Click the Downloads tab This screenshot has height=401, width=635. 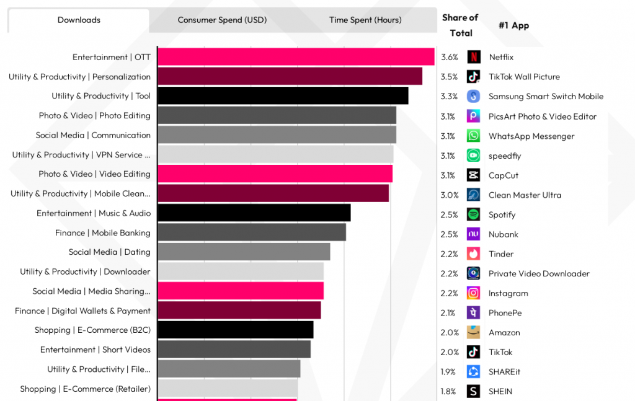79,20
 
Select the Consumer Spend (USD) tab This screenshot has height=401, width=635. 222,20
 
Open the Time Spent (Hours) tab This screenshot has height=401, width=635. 365,20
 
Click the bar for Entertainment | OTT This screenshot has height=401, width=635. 296,57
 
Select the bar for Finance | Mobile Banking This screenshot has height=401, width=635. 252,232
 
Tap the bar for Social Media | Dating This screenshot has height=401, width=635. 244,252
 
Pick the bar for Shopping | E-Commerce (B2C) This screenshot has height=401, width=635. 236,330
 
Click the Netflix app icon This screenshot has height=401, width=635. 474,57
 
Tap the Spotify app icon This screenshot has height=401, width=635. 474,214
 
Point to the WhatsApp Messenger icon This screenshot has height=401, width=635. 474,136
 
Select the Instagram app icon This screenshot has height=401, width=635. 474,293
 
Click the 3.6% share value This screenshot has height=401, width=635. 450,57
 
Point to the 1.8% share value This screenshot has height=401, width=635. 448,391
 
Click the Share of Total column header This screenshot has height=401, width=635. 460,25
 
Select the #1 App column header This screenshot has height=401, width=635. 513,25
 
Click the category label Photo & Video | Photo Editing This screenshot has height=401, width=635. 94,115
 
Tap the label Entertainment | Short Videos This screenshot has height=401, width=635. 95,350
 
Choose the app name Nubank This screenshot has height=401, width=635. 504,234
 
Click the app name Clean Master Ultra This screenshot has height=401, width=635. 525,195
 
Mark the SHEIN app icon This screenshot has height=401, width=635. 474,391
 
